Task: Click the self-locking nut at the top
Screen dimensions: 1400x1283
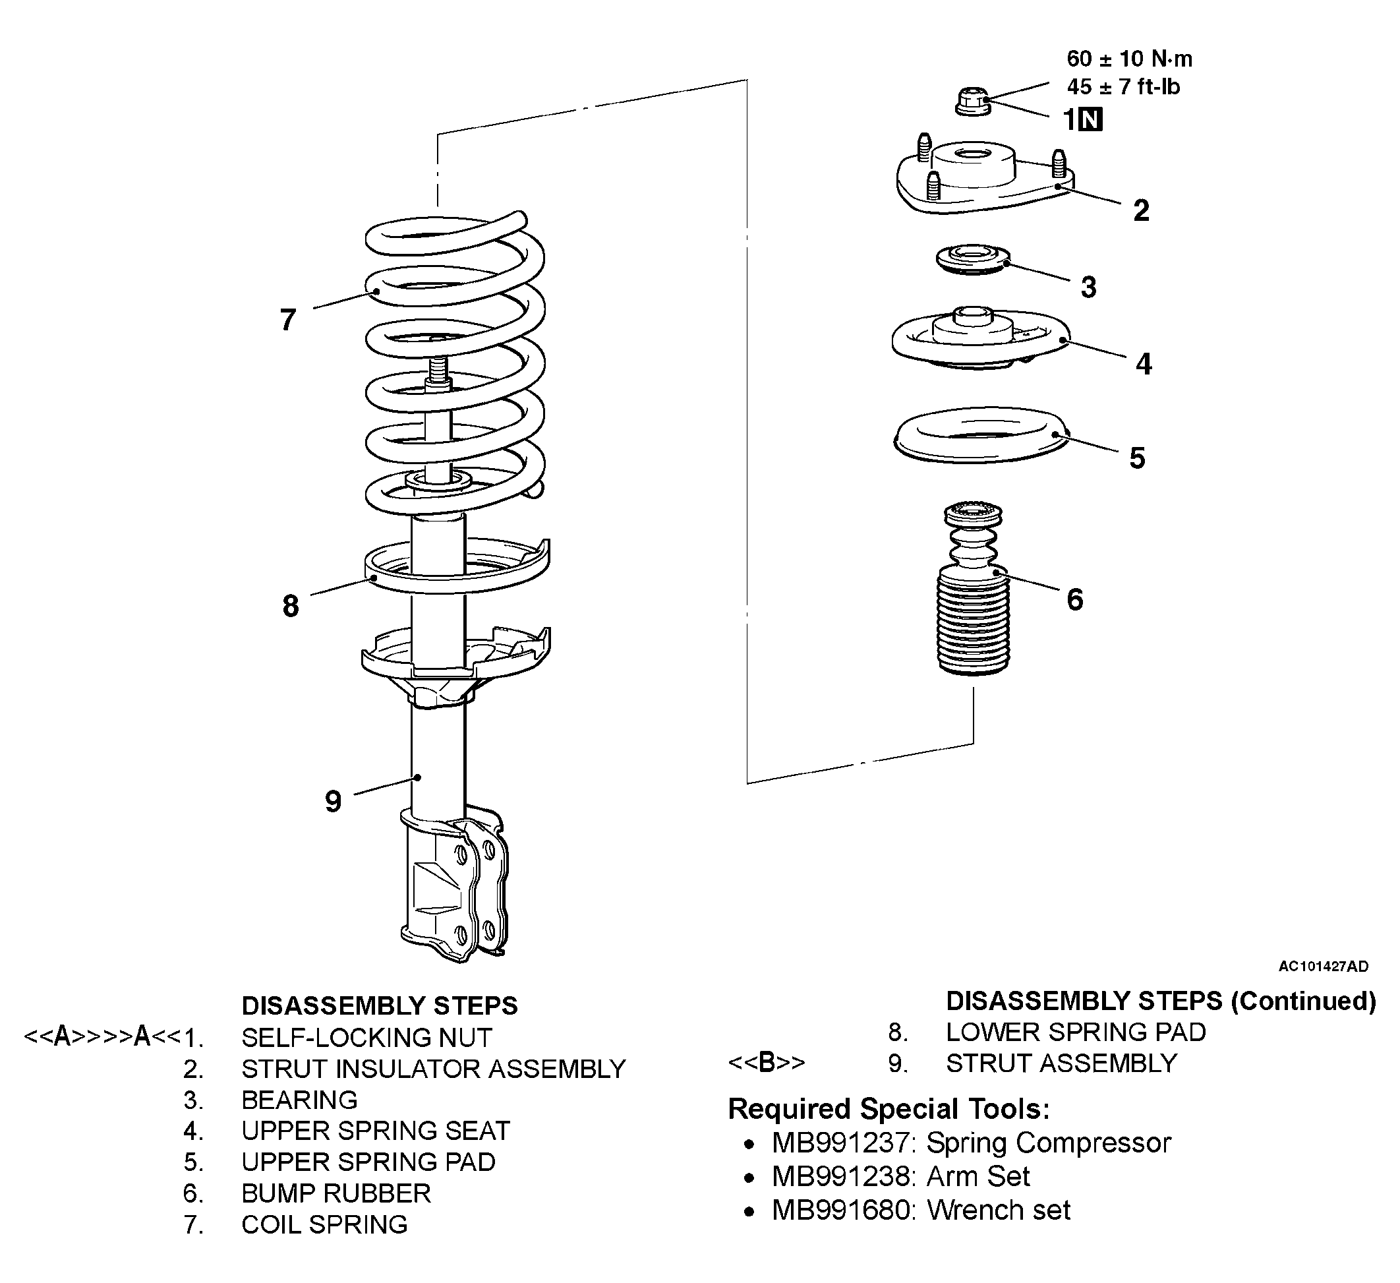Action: click(x=973, y=102)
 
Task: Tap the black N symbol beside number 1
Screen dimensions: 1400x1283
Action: click(x=1092, y=120)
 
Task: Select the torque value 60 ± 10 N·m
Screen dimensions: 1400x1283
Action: click(x=1130, y=59)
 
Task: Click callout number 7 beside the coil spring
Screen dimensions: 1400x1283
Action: click(x=287, y=320)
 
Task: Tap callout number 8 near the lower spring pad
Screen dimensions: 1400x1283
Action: click(x=290, y=606)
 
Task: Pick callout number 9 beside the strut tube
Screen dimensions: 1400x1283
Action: click(x=334, y=802)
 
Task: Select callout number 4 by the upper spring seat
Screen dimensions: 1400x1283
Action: click(x=1144, y=364)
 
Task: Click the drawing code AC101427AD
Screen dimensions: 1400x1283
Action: click(x=1324, y=967)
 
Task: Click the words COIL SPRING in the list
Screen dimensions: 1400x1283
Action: click(x=324, y=1224)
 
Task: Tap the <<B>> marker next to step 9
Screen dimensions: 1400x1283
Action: click(x=767, y=1063)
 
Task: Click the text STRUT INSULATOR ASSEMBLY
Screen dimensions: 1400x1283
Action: click(x=433, y=1068)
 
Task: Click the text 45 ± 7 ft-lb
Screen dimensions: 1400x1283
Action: click(x=1124, y=87)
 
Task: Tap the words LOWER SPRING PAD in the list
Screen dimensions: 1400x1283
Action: click(x=1076, y=1032)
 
